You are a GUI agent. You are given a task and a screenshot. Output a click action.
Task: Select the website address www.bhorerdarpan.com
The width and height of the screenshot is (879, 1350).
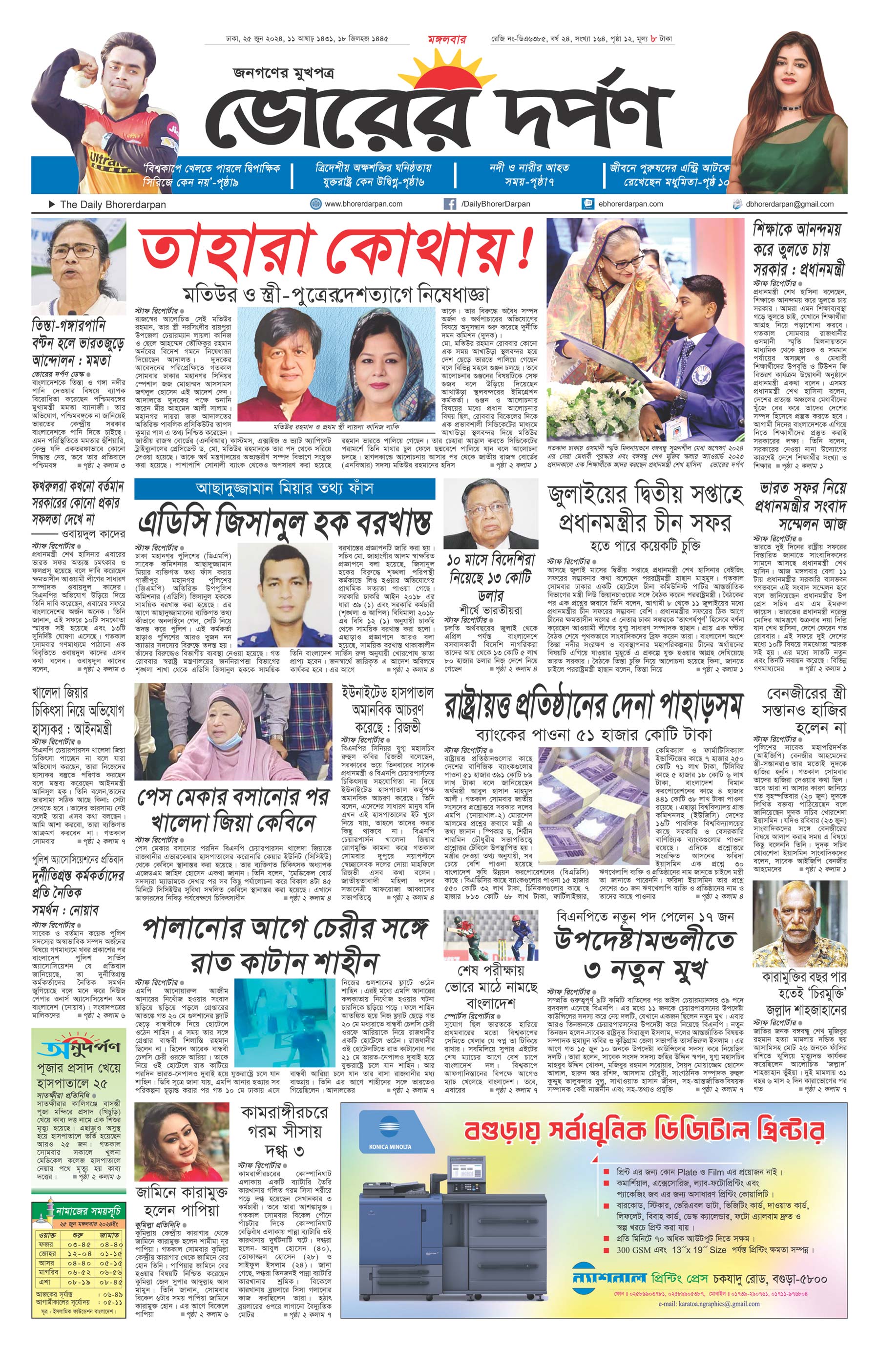point(363,204)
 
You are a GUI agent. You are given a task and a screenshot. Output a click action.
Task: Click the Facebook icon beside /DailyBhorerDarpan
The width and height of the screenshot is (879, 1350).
point(450,204)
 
